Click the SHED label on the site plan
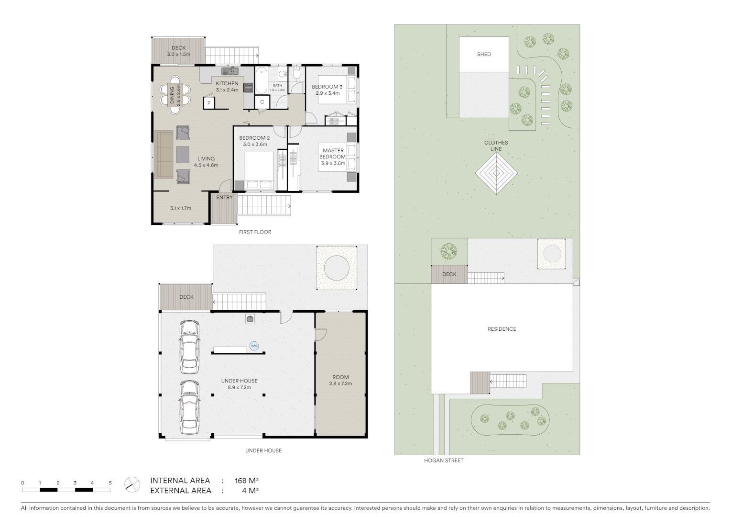pyautogui.click(x=484, y=55)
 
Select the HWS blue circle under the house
pyautogui.click(x=254, y=346)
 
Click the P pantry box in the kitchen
pyautogui.click(x=209, y=103)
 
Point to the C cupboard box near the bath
pyautogui.click(x=262, y=102)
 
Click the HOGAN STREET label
pyautogui.click(x=444, y=461)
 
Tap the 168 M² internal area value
pyautogui.click(x=246, y=481)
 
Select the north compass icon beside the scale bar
pyautogui.click(x=132, y=484)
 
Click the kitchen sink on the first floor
pyautogui.click(x=230, y=71)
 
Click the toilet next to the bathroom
pyautogui.click(x=296, y=73)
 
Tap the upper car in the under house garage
pyautogui.click(x=189, y=347)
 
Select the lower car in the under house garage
pyautogui.click(x=189, y=406)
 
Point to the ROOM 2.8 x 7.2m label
pyautogui.click(x=340, y=380)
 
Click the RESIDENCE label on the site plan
pyautogui.click(x=502, y=329)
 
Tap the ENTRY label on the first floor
pyautogui.click(x=224, y=198)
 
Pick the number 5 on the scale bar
pyautogui.click(x=110, y=483)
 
